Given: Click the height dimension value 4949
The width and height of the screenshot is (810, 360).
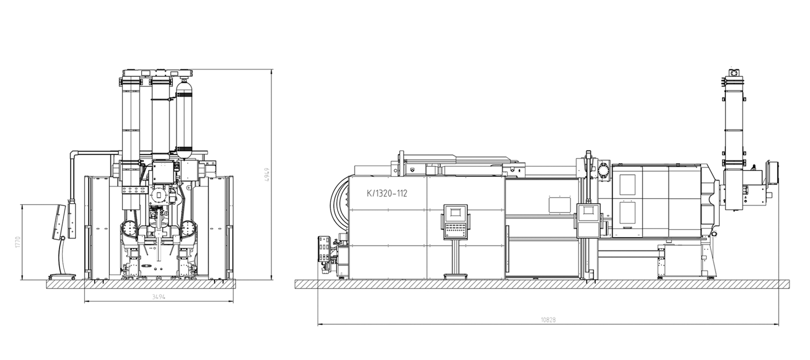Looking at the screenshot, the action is (267, 174).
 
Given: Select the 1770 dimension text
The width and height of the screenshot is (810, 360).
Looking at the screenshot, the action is (17, 242).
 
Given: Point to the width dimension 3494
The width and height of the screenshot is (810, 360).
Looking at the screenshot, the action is (158, 296).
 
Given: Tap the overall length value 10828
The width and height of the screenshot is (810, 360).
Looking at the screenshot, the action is (548, 320).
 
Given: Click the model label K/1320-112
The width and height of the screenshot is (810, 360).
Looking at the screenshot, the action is (387, 193).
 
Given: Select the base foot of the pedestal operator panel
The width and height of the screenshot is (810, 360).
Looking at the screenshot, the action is (455, 276).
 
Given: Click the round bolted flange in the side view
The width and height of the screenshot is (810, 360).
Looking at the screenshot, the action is (603, 169).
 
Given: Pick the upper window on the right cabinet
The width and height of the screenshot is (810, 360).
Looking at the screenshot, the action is (627, 184).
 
